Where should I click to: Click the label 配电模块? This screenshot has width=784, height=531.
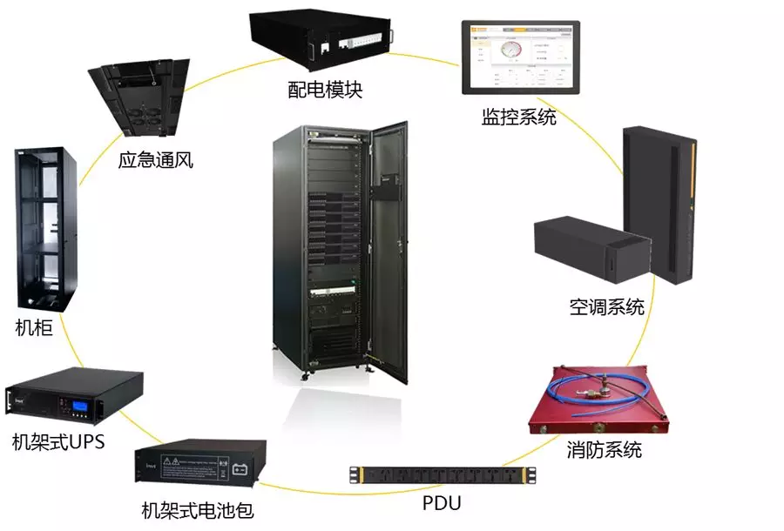(x=325, y=89)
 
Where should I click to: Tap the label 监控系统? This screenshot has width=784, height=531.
(x=518, y=117)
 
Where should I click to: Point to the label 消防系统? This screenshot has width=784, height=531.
(x=604, y=450)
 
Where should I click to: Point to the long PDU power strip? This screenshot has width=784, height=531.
(x=443, y=475)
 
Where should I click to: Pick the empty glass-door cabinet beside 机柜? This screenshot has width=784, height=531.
(x=47, y=229)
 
